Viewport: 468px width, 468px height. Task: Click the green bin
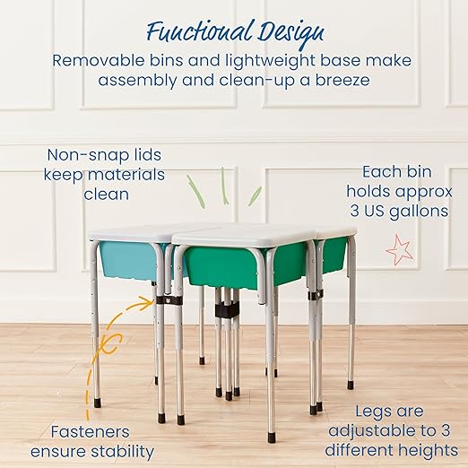click(x=242, y=264)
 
